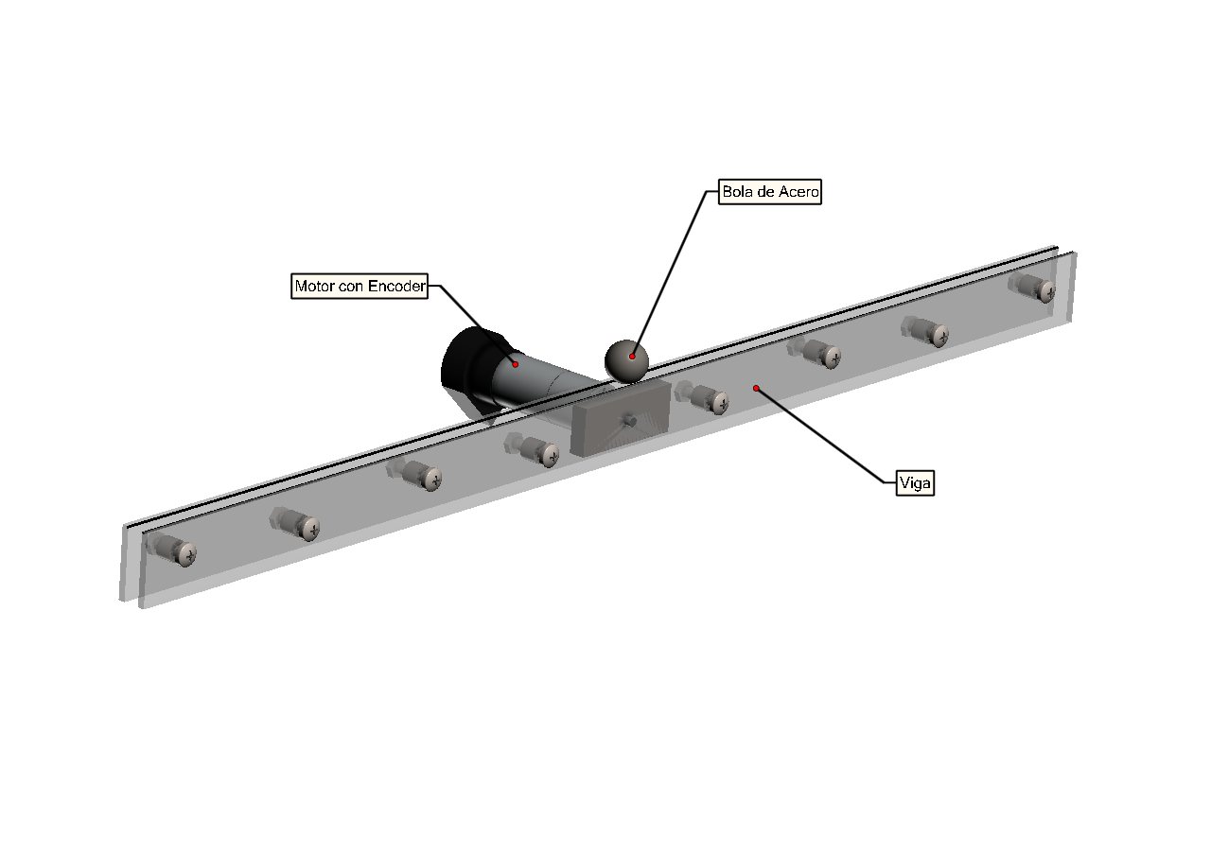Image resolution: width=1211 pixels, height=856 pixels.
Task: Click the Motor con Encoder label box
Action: [360, 286]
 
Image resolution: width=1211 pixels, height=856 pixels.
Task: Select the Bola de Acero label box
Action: [770, 192]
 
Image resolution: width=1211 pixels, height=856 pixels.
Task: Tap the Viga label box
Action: [915, 483]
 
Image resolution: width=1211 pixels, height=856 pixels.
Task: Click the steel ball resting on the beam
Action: [626, 361]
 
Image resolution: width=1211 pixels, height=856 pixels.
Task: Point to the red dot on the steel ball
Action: [632, 357]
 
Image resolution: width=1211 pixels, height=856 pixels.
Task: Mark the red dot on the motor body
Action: [516, 365]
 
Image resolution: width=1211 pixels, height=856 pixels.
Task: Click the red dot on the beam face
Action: [756, 388]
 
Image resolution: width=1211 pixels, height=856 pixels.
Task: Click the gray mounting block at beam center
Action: [622, 417]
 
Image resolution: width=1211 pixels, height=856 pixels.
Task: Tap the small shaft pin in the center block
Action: [629, 421]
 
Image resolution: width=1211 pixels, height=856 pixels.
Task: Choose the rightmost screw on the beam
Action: [1032, 288]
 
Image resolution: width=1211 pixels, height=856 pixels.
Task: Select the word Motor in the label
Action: [311, 286]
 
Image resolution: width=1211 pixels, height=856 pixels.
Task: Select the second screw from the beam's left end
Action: [295, 524]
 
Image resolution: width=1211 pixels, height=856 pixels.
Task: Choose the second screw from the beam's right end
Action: [925, 331]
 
